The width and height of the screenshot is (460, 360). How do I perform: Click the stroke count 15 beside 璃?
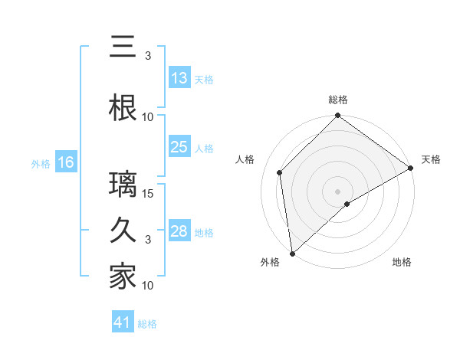(x=149, y=193)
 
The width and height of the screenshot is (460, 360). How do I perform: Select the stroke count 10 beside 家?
(x=149, y=286)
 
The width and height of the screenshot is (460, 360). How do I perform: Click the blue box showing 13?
(x=179, y=78)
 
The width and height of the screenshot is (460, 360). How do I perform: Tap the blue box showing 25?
(x=179, y=147)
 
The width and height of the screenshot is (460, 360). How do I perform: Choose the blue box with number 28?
(x=179, y=231)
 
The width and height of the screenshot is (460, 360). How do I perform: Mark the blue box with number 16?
(x=65, y=162)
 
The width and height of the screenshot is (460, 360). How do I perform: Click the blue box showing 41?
(x=123, y=323)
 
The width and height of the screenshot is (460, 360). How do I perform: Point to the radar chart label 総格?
(x=338, y=100)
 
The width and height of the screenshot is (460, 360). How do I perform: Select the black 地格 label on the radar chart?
(x=402, y=262)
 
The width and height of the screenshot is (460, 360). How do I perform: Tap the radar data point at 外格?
(x=292, y=254)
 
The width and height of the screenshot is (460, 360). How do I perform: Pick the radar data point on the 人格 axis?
(x=280, y=172)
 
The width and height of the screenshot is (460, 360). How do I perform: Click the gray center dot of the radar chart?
(x=338, y=191)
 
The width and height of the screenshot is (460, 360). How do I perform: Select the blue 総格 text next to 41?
(x=148, y=324)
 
